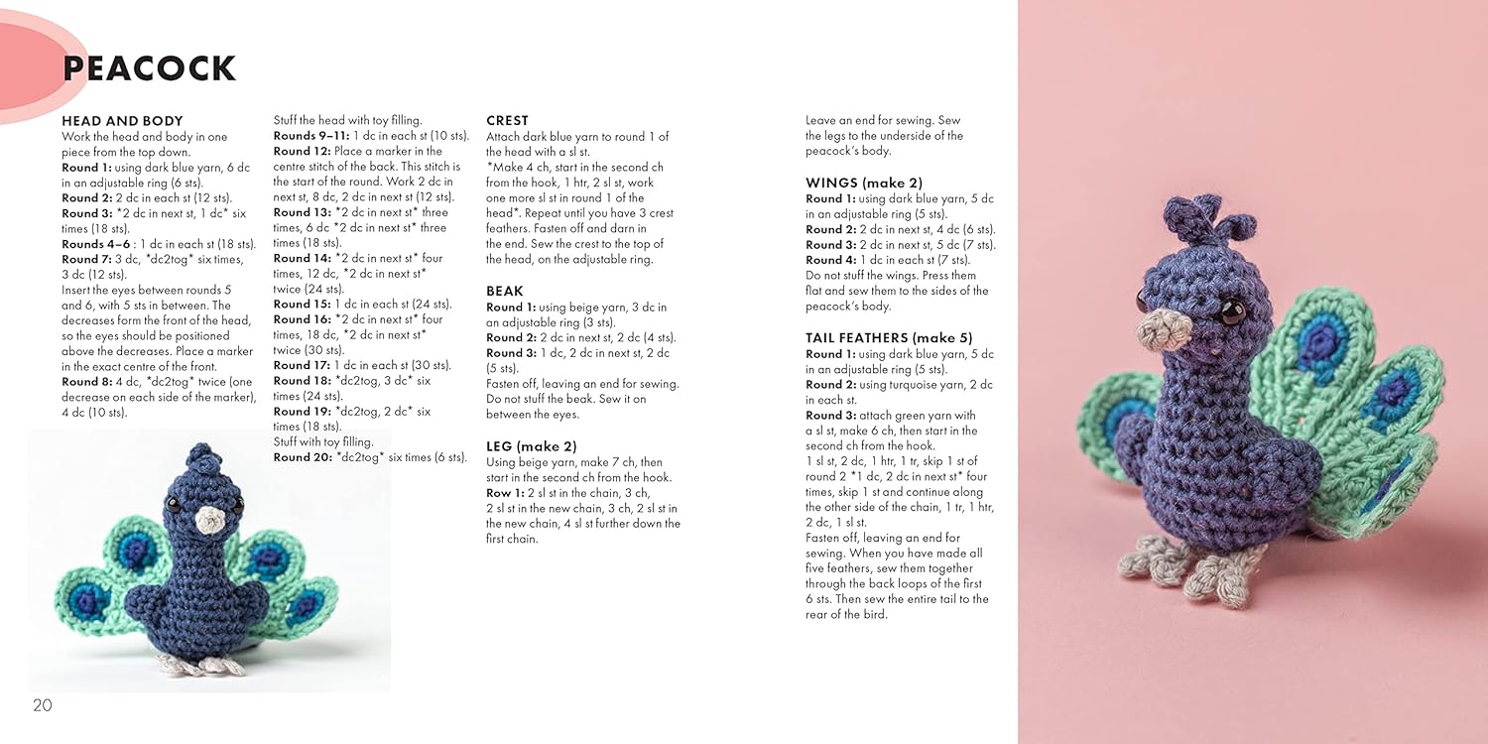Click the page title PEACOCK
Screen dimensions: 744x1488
point(150,68)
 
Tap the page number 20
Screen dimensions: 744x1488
point(42,705)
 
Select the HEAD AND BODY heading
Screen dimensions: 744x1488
point(122,121)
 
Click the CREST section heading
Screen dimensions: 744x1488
point(507,121)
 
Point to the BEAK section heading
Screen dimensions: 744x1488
point(505,292)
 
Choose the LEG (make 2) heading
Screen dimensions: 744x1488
point(531,446)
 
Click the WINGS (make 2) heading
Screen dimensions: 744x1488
point(863,183)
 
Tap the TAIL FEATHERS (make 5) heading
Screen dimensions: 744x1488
point(889,338)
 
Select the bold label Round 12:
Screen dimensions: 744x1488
point(302,151)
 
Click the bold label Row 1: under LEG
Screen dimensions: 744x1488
point(505,493)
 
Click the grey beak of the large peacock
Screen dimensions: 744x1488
point(1159,331)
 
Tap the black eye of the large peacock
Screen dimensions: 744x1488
point(1231,313)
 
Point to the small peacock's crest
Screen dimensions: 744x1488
point(201,458)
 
